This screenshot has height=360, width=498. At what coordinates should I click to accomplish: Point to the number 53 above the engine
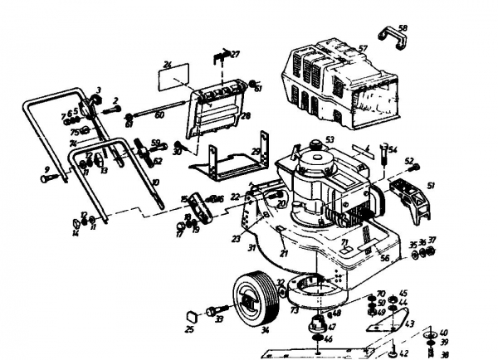(x=329, y=139)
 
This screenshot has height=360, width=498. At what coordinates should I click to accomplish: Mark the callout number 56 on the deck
(x=383, y=258)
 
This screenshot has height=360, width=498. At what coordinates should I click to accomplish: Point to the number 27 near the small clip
(x=235, y=54)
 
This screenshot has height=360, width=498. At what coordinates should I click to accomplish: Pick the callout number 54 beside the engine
(x=393, y=149)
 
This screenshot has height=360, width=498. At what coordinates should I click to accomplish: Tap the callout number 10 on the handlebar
(x=155, y=182)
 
